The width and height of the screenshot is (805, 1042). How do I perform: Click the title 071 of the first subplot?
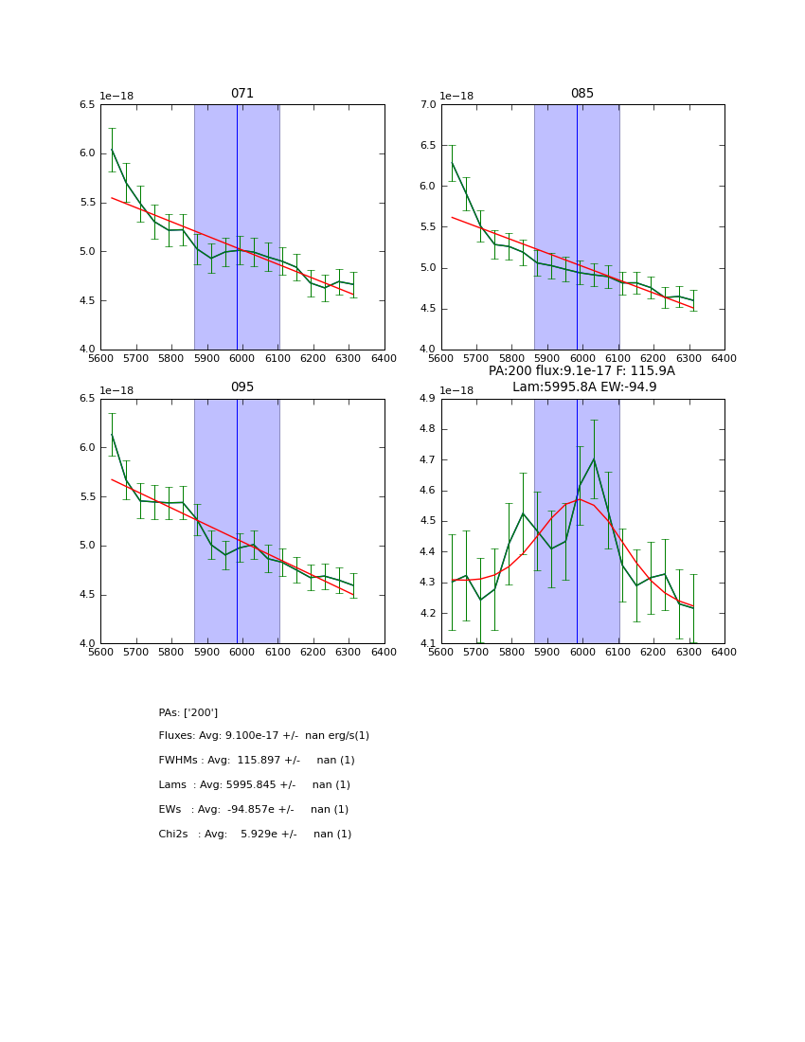tap(241, 94)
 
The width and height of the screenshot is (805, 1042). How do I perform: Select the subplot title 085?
tap(581, 94)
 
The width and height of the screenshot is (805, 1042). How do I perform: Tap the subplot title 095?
tap(241, 387)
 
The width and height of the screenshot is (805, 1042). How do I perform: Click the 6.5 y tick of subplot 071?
tap(87, 105)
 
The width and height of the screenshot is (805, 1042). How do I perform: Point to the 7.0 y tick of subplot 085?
tap(428, 105)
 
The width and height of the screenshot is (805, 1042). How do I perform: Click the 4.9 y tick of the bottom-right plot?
tap(428, 399)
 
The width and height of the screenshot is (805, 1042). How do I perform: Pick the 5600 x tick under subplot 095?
tap(100, 653)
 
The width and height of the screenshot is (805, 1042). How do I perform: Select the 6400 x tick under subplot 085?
tap(724, 359)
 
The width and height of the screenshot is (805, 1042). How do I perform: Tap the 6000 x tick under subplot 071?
tap(242, 359)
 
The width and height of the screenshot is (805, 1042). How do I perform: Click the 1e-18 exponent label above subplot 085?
tap(457, 97)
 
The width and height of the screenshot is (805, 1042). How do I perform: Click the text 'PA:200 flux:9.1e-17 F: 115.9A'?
tap(581, 371)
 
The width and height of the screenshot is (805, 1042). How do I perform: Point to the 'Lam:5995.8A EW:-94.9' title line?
tap(584, 386)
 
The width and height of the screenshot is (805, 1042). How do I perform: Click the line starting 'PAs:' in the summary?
tap(188, 712)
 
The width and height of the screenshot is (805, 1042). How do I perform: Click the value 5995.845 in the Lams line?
tap(252, 785)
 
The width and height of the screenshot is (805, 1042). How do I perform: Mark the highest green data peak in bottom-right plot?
tap(594, 459)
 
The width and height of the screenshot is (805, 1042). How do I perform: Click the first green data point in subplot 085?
tap(452, 163)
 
